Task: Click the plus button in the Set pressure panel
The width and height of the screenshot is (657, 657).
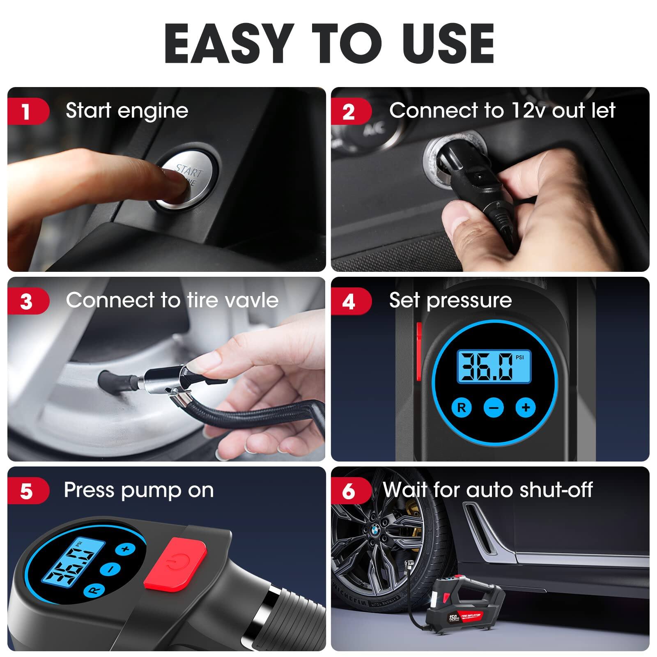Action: [x=526, y=407]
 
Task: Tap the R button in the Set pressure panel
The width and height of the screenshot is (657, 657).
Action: [x=462, y=407]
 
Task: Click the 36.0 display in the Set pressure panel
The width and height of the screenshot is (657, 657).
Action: [x=489, y=367]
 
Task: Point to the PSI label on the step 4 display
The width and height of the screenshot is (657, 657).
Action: [x=519, y=357]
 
